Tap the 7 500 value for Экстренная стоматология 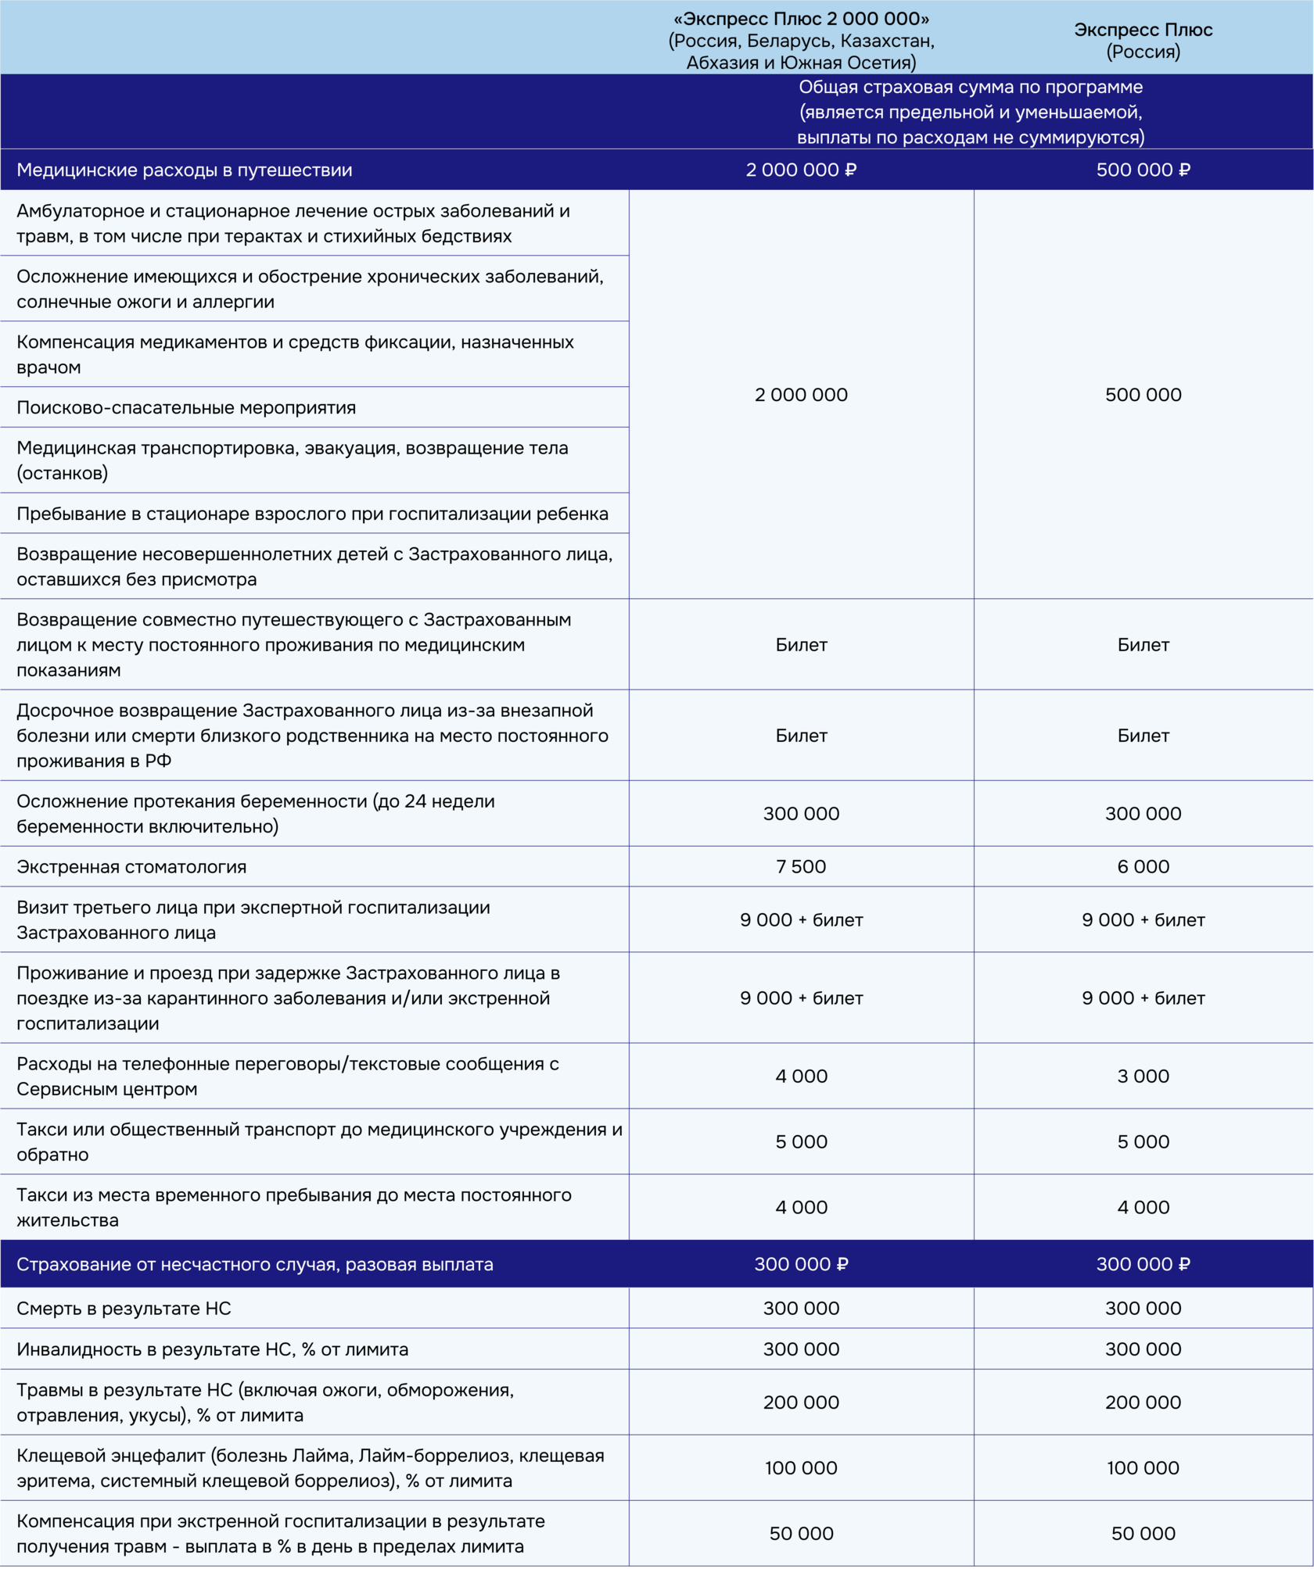click(801, 866)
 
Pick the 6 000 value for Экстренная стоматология click(1143, 866)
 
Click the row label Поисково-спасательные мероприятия click(186, 407)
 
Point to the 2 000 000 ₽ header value click(801, 170)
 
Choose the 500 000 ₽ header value click(1143, 170)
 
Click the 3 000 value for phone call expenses click(1143, 1076)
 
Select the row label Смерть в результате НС click(124, 1308)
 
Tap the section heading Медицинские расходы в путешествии click(185, 170)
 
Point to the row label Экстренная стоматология click(131, 866)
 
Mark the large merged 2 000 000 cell click(801, 395)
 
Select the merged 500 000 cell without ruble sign click(1143, 395)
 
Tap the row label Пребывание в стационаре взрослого click(312, 514)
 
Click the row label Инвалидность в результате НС click(212, 1349)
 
